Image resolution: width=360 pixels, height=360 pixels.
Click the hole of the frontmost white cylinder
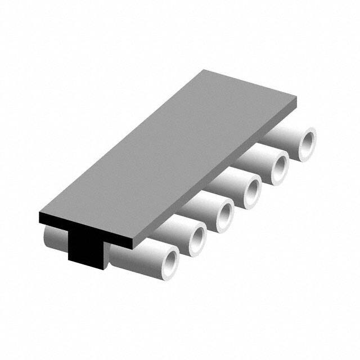(x=169, y=262)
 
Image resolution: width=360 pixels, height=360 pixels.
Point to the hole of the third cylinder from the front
(x=224, y=214)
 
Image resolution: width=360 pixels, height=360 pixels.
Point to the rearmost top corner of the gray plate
(x=205, y=71)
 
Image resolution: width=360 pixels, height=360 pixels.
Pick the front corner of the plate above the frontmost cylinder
(x=133, y=242)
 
